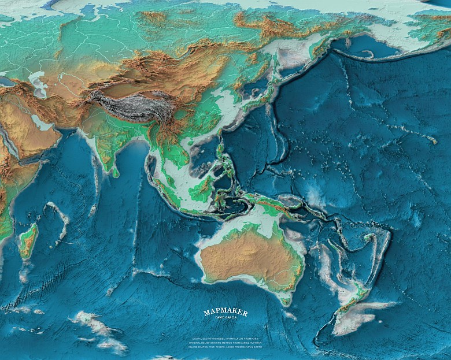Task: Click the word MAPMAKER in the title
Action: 226,313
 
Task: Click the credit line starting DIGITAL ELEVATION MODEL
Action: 226,339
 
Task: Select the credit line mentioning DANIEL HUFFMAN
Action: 226,343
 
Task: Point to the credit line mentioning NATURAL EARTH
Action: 226,348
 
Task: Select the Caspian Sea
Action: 39,83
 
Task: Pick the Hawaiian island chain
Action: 428,139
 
